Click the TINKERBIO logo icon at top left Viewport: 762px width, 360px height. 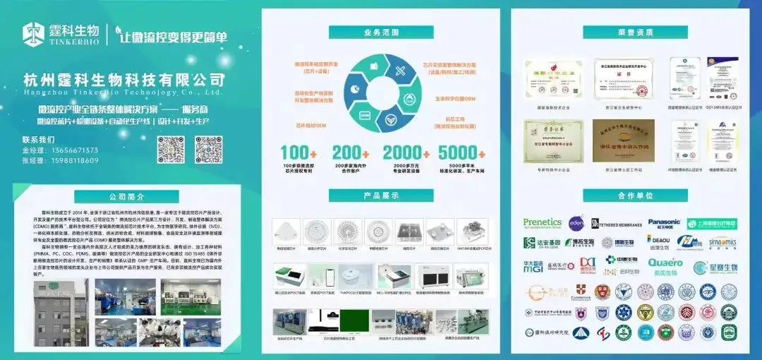pyautogui.click(x=34, y=33)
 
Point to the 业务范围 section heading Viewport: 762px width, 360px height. pyautogui.click(x=381, y=32)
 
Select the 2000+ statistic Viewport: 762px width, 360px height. pyautogui.click(x=406, y=152)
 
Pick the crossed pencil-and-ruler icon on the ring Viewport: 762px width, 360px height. pyautogui.click(x=400, y=71)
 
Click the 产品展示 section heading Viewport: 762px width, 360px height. pyautogui.click(x=381, y=196)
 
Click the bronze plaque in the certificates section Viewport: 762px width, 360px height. pyautogui.click(x=623, y=141)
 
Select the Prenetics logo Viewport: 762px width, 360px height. pyautogui.click(x=543, y=222)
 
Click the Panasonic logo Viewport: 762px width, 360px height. pyautogui.click(x=664, y=223)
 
